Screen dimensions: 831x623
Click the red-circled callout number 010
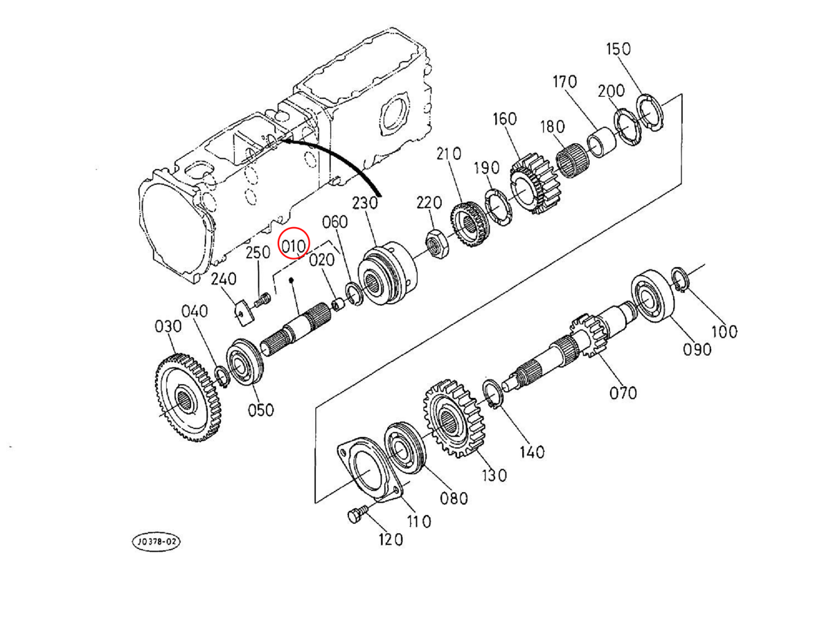pyautogui.click(x=294, y=246)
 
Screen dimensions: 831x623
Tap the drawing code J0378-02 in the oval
pyautogui.click(x=157, y=542)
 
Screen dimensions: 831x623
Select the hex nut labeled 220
pyautogui.click(x=437, y=243)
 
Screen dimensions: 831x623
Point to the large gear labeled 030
pyautogui.click(x=188, y=397)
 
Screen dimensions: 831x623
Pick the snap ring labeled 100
pyautogui.click(x=680, y=280)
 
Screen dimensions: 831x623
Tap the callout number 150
pyautogui.click(x=618, y=49)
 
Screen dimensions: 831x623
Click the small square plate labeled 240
pyautogui.click(x=242, y=311)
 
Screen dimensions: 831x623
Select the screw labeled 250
pyautogui.click(x=262, y=300)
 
